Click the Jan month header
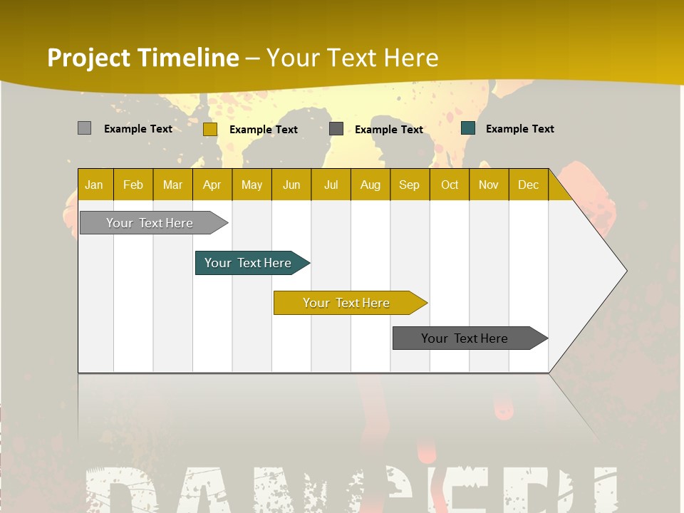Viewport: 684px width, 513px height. pos(94,185)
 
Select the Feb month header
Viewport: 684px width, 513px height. pos(133,185)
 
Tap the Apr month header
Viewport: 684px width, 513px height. pos(212,185)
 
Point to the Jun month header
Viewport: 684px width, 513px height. pos(291,185)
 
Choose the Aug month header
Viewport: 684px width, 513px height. pos(370,185)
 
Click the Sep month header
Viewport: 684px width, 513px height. pos(410,185)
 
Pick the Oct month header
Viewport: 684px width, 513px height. pos(450,185)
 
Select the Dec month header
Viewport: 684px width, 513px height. pos(529,185)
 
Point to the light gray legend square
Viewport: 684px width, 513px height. pos(84,128)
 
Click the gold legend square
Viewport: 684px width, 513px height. pos(210,129)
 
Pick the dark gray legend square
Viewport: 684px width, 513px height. pos(336,128)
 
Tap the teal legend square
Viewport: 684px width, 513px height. pos(468,128)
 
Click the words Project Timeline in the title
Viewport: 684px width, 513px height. pos(143,58)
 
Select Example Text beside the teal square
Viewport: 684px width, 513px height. pos(519,129)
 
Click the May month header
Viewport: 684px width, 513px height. pos(252,185)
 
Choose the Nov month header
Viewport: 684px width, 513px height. pos(489,185)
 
